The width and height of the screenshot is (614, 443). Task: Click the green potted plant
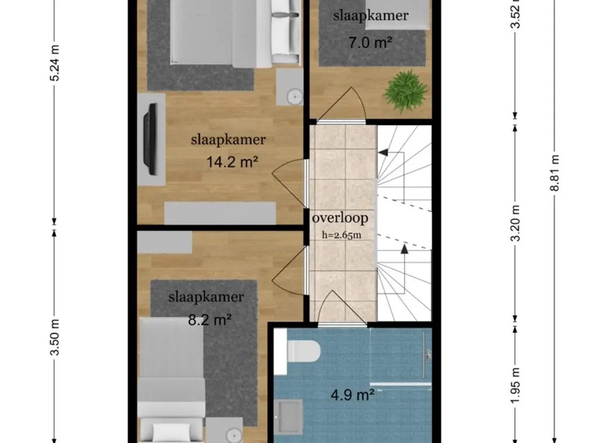404,91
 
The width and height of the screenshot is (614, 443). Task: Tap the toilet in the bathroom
304,351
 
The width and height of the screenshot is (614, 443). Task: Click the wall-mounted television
150,139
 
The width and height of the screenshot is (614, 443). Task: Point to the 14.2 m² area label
232,162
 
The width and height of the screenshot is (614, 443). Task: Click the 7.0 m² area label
370,42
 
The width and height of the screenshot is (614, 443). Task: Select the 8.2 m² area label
210,320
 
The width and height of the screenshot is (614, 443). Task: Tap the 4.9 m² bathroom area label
352,394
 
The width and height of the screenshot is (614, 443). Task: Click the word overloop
340,218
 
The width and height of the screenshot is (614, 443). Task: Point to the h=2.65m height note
342,235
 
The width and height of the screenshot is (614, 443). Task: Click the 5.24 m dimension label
55,63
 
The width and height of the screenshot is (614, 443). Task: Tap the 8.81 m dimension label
555,173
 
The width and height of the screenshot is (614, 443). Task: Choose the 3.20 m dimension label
516,223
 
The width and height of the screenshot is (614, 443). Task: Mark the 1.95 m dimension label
516,385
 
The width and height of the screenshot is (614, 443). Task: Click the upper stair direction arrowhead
383,152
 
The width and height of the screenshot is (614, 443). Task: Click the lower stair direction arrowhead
404,248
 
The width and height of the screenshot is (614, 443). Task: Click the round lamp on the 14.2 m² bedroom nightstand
294,96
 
